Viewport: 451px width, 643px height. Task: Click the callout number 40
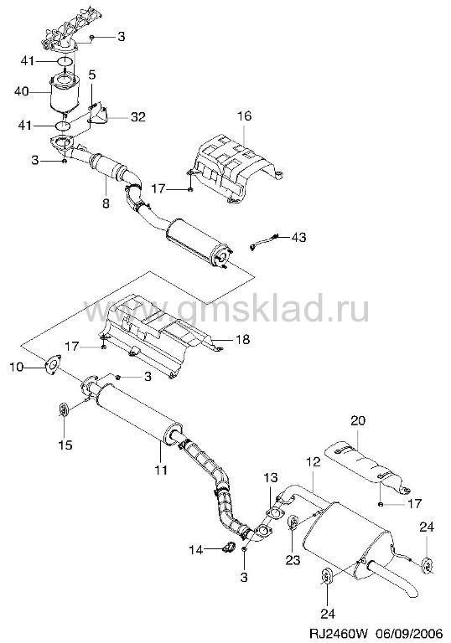(21, 91)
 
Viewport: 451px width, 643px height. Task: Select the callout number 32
(138, 117)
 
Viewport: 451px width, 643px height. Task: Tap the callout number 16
(244, 116)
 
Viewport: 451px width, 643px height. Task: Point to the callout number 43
(298, 237)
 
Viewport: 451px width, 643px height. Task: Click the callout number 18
(243, 340)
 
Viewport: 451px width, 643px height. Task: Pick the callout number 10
(17, 366)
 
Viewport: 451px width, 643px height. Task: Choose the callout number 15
(65, 445)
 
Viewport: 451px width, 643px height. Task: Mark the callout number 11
(161, 469)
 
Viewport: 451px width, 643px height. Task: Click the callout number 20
(358, 421)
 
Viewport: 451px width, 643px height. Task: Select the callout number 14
(196, 549)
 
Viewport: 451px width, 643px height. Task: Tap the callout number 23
(293, 560)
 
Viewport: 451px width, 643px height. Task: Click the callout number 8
(106, 203)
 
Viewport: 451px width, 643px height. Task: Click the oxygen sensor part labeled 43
(264, 241)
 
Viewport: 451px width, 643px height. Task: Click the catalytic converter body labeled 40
(64, 95)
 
